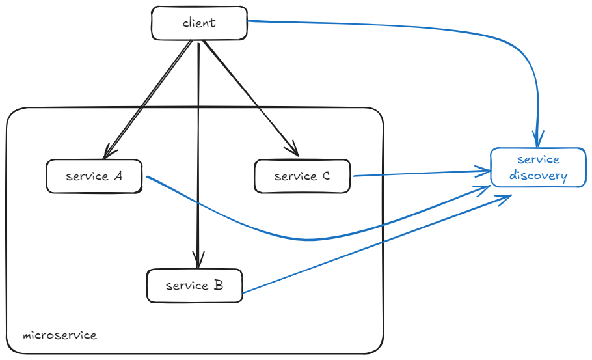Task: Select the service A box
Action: click(94, 176)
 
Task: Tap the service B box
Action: click(195, 286)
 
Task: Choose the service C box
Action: click(302, 176)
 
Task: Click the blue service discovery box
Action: click(538, 167)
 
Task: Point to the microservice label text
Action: click(60, 335)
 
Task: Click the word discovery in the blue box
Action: click(538, 176)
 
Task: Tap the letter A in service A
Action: click(118, 175)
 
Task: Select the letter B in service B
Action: click(219, 285)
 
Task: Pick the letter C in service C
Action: click(325, 176)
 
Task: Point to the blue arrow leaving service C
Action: click(416, 173)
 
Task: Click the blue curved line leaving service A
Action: click(293, 238)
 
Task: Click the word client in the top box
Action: click(199, 23)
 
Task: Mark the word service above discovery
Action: click(538, 159)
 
